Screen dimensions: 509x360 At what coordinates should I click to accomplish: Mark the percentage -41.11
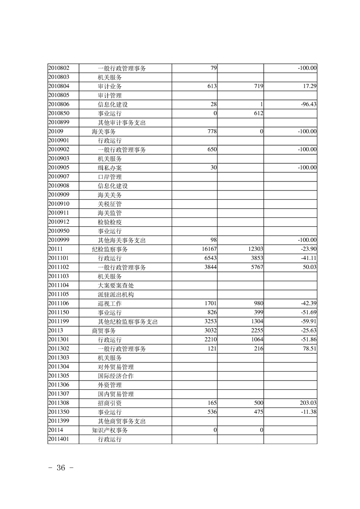point(308,258)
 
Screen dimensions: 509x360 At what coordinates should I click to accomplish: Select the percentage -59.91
point(308,321)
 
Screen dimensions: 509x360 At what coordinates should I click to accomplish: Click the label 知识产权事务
point(109,430)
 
